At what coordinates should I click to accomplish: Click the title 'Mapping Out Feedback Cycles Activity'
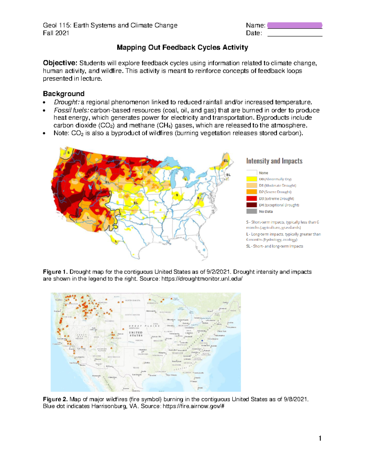[x=182, y=47]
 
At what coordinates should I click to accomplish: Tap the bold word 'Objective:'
[x=60, y=63]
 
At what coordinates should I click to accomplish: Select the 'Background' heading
[x=64, y=94]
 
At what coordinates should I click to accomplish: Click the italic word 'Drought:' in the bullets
[x=66, y=102]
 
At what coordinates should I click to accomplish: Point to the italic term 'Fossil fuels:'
[x=71, y=110]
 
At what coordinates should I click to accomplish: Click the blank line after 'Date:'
[x=294, y=33]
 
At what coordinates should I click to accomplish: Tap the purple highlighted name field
[x=294, y=25]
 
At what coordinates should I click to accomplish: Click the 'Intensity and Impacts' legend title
[x=274, y=161]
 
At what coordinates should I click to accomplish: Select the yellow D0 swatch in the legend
[x=252, y=179]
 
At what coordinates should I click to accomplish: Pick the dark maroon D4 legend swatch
[x=252, y=205]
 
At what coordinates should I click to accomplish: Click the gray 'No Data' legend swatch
[x=252, y=212]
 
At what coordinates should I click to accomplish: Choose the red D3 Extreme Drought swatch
[x=252, y=198]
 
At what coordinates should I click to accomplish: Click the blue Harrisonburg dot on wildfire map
[x=202, y=341]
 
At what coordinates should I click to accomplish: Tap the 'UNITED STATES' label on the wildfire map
[x=136, y=334]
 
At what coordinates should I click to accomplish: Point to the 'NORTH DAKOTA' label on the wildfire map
[x=132, y=300]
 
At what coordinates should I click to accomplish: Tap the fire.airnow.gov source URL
[x=193, y=406]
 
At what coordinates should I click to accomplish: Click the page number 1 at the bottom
[x=320, y=438]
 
